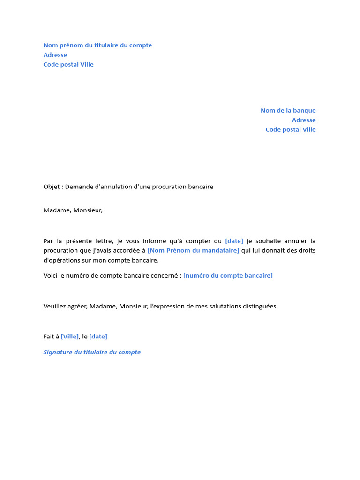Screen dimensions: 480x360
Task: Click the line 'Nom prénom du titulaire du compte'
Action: tap(97, 45)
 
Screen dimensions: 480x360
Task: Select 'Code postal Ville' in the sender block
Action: tap(68, 65)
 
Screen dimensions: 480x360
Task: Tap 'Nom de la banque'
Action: tap(288, 111)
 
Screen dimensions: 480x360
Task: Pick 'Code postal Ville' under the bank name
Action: tap(291, 130)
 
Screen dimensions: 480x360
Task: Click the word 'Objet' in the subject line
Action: tap(52, 187)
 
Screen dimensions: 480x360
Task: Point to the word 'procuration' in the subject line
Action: tap(168, 187)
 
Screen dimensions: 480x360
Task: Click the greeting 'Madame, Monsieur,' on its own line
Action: tap(73, 210)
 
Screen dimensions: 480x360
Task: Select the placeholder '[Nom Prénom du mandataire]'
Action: tap(193, 251)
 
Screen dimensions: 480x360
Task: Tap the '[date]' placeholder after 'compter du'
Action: tap(234, 241)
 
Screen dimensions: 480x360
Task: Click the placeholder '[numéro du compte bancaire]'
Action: tap(228, 276)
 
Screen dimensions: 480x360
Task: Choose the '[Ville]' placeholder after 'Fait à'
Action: tap(70, 337)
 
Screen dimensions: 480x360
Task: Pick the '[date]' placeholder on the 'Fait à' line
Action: tap(98, 337)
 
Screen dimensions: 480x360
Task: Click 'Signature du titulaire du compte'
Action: tap(92, 352)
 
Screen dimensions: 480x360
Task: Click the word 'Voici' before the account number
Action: tap(51, 276)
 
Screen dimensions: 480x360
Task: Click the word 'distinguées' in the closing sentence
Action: tap(260, 307)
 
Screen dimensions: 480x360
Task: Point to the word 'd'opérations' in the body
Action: tap(62, 261)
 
